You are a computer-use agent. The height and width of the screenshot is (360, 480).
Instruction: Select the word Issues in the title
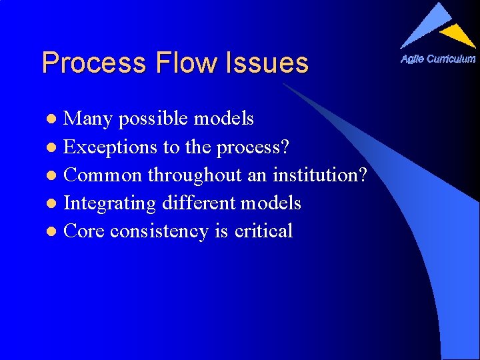click(267, 63)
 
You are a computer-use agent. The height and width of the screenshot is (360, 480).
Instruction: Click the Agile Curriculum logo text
click(438, 59)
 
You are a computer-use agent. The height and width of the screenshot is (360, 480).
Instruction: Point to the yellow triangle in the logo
click(459, 34)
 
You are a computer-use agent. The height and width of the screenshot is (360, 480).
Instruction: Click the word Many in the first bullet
click(87, 119)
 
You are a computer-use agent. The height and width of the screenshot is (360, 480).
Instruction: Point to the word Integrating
click(110, 203)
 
